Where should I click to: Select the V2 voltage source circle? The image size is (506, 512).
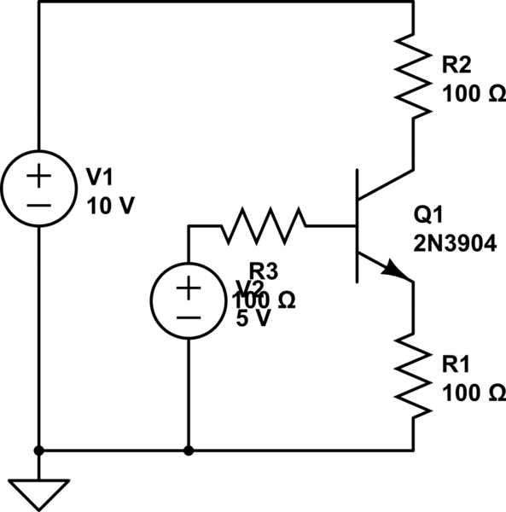coord(187,300)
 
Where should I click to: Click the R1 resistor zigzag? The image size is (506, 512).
coord(413,377)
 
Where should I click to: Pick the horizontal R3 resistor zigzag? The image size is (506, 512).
coord(263,225)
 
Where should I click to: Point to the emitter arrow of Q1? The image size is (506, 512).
coord(395,270)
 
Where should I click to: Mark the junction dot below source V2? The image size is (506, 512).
coord(187,450)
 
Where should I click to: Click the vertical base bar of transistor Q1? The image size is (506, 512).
coord(357,225)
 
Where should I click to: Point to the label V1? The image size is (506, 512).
coord(100,177)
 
